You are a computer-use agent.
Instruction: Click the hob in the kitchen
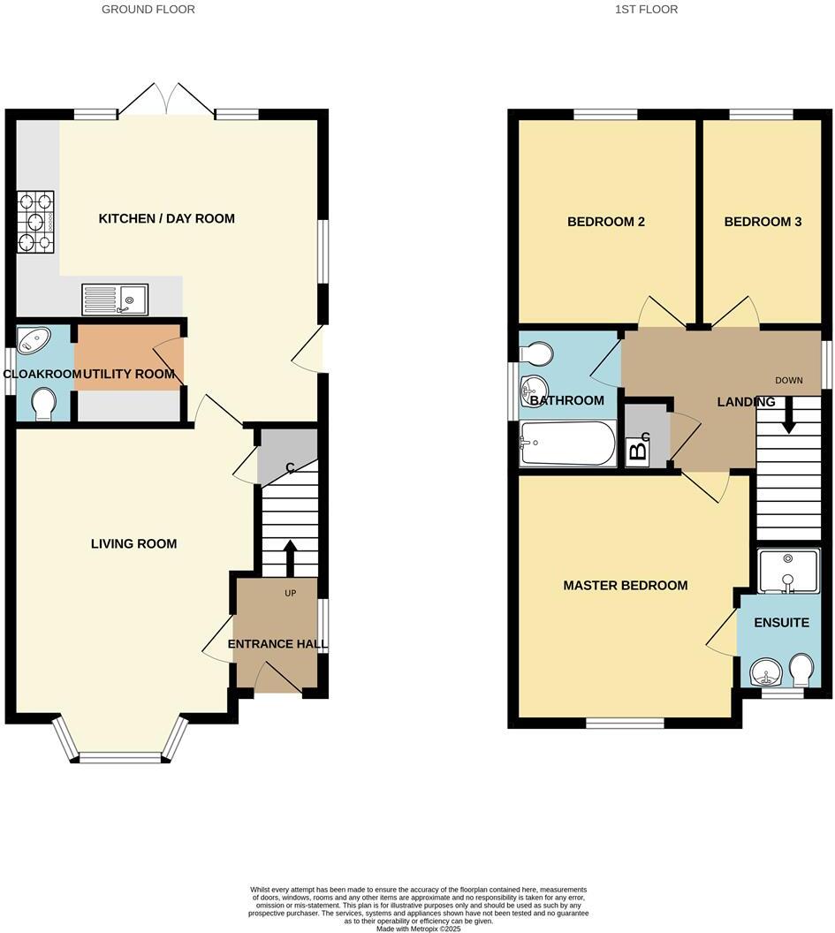click(x=36, y=220)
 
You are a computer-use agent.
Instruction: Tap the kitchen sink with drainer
click(x=115, y=299)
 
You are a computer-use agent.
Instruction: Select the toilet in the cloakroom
click(x=42, y=406)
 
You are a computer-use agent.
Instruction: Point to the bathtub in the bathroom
click(x=568, y=443)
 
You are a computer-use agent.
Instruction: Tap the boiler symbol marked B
click(x=637, y=451)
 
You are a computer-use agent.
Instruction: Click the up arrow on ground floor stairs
click(x=289, y=554)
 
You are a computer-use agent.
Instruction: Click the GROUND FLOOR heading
click(x=148, y=10)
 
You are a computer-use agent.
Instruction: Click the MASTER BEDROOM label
click(x=625, y=585)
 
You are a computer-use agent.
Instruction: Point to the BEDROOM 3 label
click(x=763, y=222)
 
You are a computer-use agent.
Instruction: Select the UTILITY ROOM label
click(x=130, y=374)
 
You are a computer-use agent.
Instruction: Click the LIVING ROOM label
click(x=133, y=543)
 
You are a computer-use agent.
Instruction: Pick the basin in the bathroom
click(x=533, y=389)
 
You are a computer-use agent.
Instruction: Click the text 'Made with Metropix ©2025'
click(x=418, y=928)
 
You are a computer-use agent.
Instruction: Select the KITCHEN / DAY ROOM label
click(x=166, y=218)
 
